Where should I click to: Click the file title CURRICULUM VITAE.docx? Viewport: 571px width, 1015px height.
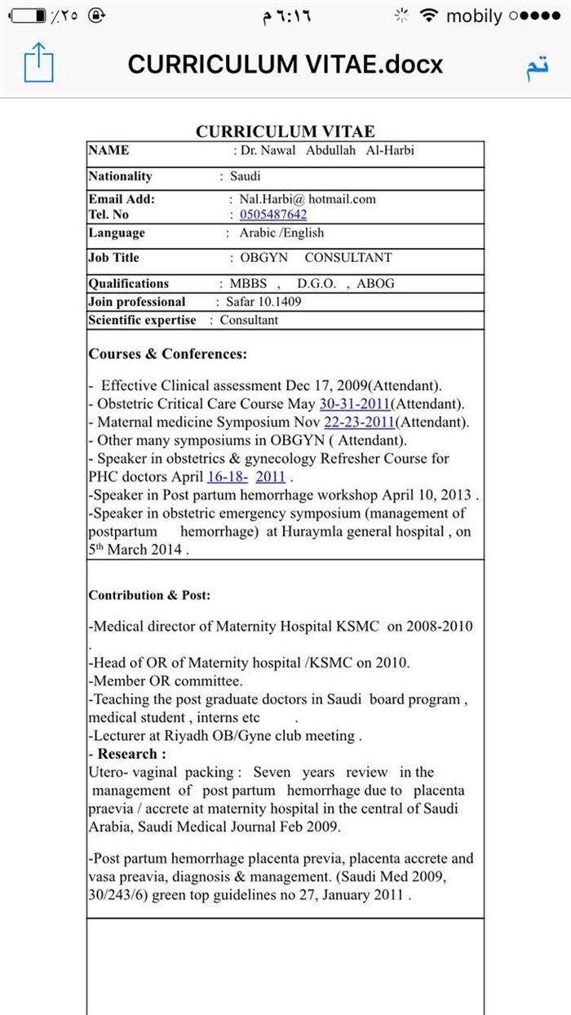(285, 64)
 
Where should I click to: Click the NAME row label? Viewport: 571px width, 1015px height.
(108, 150)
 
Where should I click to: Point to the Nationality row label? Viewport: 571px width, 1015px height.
(120, 175)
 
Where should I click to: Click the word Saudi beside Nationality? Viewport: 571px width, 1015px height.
(245, 175)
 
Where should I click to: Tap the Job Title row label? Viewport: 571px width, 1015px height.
(113, 257)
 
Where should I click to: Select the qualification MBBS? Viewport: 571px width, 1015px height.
(249, 283)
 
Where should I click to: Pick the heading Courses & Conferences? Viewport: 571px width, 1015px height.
(167, 354)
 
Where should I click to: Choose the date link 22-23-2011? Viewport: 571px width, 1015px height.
(359, 423)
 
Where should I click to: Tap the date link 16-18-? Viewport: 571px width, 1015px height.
(228, 476)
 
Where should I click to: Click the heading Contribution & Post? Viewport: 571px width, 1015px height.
(149, 595)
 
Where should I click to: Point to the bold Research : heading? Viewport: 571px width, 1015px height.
(131, 754)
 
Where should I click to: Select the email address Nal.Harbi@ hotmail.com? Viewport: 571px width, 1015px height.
(308, 198)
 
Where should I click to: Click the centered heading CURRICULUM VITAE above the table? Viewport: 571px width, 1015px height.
(285, 131)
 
